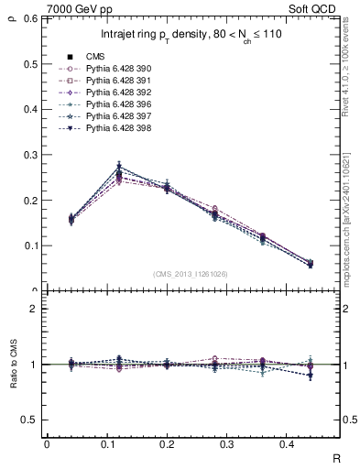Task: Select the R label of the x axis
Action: click(x=338, y=457)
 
